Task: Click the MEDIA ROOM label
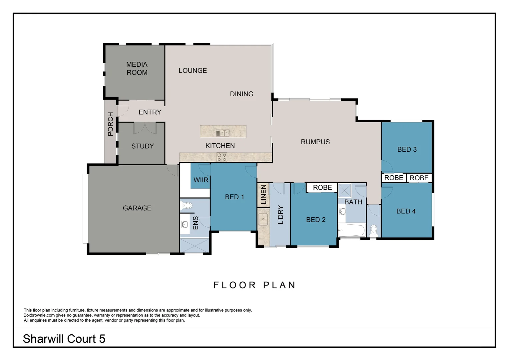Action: (x=137, y=68)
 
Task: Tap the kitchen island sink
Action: (x=223, y=133)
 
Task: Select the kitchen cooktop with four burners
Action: (x=222, y=157)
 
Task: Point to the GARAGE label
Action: (x=137, y=208)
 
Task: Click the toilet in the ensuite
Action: (x=188, y=205)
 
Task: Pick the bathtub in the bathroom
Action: (x=351, y=230)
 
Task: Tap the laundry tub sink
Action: (x=263, y=219)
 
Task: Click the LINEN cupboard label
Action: (x=263, y=195)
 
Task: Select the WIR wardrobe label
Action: (x=201, y=180)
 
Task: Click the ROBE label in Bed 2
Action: (x=322, y=188)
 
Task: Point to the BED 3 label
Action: (x=407, y=149)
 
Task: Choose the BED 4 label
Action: (x=406, y=211)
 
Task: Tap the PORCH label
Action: (x=111, y=124)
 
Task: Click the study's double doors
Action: (x=145, y=128)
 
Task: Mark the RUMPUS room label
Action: (x=315, y=142)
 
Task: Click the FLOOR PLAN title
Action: (x=254, y=285)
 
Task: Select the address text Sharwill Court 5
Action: (x=64, y=339)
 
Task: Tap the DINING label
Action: (x=242, y=94)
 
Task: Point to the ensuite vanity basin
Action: (x=184, y=224)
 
